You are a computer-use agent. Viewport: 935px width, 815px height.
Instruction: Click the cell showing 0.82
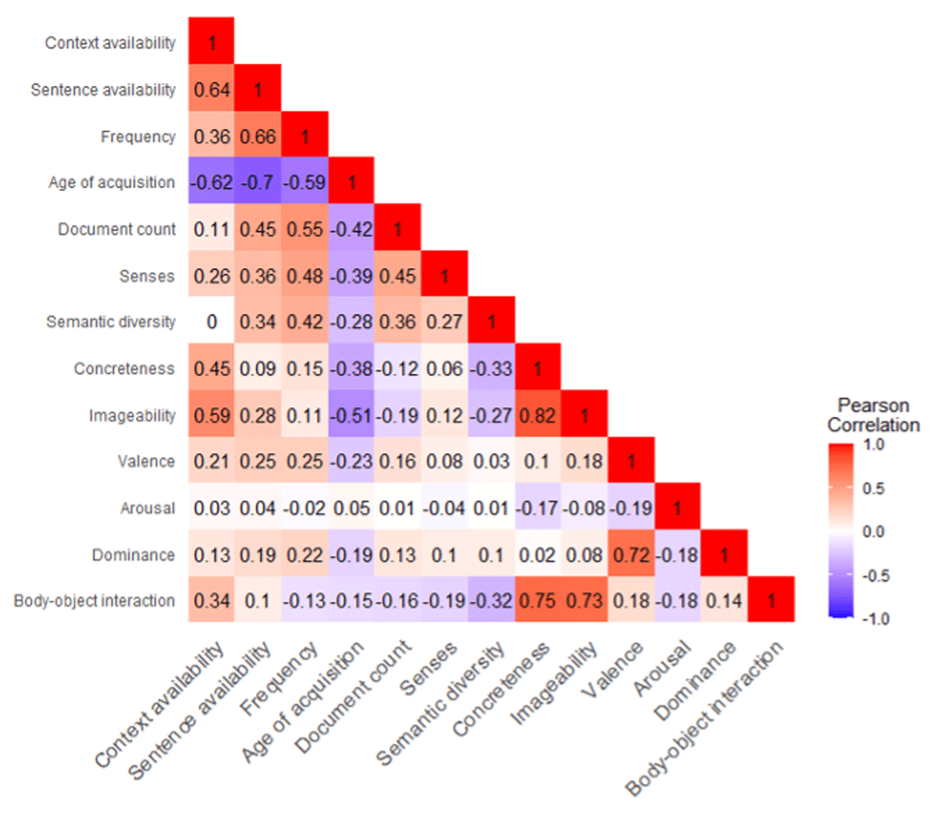pos(538,415)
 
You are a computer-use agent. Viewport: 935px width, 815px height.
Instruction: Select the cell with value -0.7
pos(258,182)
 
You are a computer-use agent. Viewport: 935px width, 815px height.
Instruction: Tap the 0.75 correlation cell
pos(538,600)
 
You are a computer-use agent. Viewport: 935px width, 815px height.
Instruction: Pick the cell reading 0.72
pos(631,554)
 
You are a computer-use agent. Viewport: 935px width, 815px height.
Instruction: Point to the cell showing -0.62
pos(211,182)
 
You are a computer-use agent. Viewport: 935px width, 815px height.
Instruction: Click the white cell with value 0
pos(211,321)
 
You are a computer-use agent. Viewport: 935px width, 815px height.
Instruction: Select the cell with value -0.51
pos(351,415)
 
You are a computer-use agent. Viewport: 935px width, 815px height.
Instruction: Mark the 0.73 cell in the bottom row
pos(584,600)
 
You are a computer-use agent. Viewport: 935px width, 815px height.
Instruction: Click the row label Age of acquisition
pos(111,182)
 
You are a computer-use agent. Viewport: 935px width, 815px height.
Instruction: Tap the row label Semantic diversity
pos(111,322)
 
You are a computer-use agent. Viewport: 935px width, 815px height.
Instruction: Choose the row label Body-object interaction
pos(94,601)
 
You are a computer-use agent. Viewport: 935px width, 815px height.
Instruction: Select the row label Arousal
pos(147,508)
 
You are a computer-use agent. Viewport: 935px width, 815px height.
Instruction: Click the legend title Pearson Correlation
pos(873,415)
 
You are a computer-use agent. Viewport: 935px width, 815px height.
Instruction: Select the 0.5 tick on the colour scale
pos(873,489)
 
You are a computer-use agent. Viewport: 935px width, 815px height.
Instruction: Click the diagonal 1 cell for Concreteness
pos(538,368)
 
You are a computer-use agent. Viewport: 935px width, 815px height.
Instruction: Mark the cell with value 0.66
pos(258,136)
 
